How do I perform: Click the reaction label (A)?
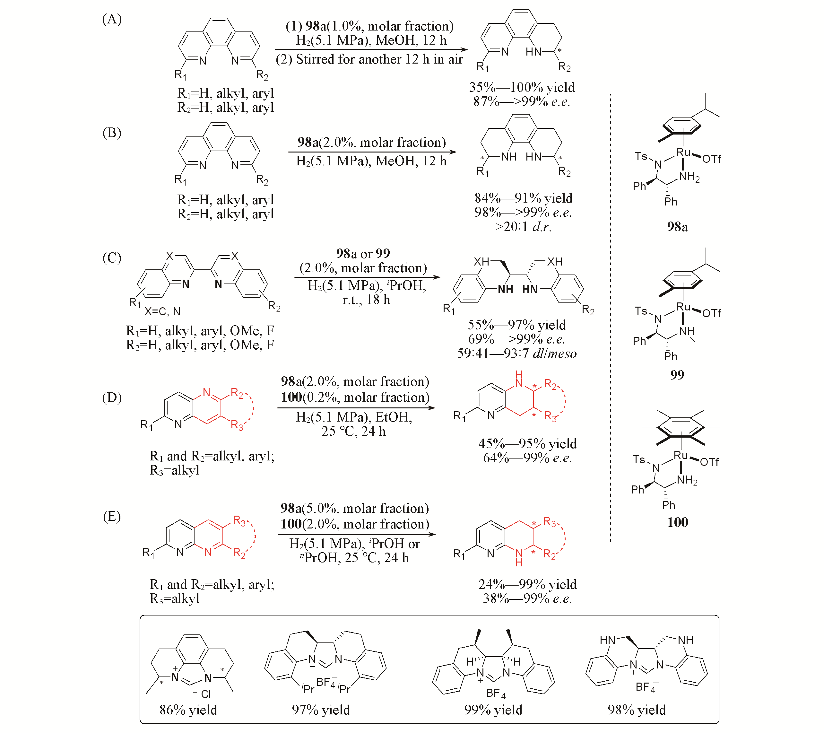[112, 19]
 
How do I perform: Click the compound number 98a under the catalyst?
[677, 227]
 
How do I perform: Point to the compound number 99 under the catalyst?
[677, 375]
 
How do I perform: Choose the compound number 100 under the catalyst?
[677, 522]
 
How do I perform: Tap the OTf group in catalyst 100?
[709, 462]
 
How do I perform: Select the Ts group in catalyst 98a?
[641, 156]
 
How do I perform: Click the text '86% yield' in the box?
[188, 710]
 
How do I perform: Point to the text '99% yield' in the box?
[493, 710]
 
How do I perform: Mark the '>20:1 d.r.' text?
[523, 227]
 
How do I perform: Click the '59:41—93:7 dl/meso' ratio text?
[516, 353]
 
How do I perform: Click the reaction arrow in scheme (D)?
[356, 408]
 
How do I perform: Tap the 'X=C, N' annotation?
[162, 311]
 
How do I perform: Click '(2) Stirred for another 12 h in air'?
[369, 59]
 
